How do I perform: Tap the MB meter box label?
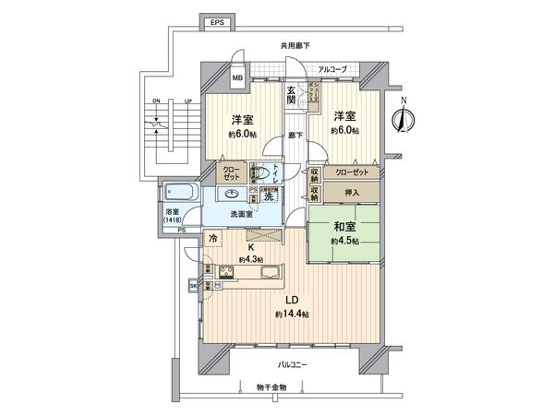[238, 78]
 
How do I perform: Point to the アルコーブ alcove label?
[331, 69]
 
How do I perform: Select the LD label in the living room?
[289, 300]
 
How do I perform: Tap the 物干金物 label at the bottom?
[271, 388]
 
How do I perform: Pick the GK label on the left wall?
[193, 286]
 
